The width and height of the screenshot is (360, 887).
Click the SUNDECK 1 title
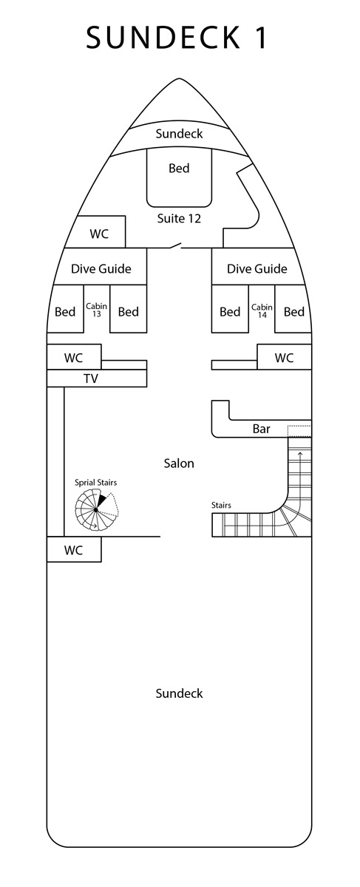coord(177,38)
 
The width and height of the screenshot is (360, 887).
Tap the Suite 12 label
coord(179,218)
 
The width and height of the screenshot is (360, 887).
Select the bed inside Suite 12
coord(179,178)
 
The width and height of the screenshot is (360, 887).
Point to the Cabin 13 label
coord(97,310)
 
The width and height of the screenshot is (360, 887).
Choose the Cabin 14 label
coord(262,311)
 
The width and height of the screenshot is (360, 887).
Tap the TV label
coord(91,378)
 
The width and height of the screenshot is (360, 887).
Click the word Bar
coord(262,429)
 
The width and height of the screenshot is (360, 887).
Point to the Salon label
coord(179,463)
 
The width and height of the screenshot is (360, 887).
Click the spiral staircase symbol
coord(96,509)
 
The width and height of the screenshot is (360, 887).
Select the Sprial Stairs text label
coord(96,483)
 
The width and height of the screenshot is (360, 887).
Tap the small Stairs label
coord(221,505)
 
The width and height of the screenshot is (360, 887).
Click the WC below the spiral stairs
coord(74,549)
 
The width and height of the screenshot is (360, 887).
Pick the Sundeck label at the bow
coord(179,134)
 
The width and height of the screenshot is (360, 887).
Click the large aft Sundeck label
coord(179,693)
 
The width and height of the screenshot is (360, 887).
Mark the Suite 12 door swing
coord(174,245)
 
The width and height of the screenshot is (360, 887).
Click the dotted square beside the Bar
coord(299,431)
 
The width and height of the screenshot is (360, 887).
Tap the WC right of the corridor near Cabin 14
coord(285,357)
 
